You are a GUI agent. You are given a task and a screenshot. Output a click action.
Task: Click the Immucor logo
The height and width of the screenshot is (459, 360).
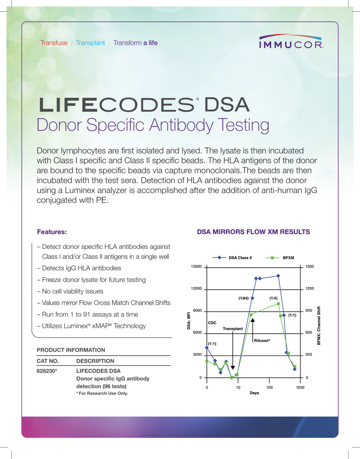pos(291,42)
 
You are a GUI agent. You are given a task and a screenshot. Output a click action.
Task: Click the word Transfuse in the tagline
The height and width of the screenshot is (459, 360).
pos(54,43)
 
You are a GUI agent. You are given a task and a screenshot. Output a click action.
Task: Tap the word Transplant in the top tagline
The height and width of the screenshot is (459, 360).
pos(90,43)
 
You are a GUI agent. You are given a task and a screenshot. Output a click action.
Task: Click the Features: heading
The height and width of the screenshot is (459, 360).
pos(52,232)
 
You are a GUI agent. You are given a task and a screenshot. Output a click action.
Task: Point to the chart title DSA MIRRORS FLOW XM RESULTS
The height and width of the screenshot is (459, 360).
pos(253,232)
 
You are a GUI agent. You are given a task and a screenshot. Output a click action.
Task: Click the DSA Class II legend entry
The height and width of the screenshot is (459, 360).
pos(240,258)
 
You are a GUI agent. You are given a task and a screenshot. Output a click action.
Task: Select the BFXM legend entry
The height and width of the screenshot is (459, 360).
pos(288,258)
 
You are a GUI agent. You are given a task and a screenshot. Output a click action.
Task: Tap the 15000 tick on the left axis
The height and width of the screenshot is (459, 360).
pos(196,266)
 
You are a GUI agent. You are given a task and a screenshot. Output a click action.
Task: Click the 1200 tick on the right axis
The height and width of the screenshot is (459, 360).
pos(310,288)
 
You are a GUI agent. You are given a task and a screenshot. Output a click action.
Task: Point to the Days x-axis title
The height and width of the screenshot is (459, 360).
pos(254,393)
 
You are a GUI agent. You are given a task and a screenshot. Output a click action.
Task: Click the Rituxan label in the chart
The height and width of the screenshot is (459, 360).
pos(262,340)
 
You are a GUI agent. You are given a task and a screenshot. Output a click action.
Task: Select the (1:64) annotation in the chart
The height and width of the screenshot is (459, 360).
pos(244,298)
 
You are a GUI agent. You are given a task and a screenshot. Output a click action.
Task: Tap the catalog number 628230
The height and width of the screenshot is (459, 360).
pos(47,371)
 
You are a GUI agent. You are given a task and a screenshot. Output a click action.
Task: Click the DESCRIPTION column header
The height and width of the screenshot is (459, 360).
pos(95,361)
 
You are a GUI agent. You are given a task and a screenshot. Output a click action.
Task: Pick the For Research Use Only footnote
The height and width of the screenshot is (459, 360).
pos(102,393)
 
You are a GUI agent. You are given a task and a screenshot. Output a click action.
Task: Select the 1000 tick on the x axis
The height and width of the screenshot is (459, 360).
pos(300,387)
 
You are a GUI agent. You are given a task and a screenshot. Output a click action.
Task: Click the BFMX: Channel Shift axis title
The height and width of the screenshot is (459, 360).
pos(319,326)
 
